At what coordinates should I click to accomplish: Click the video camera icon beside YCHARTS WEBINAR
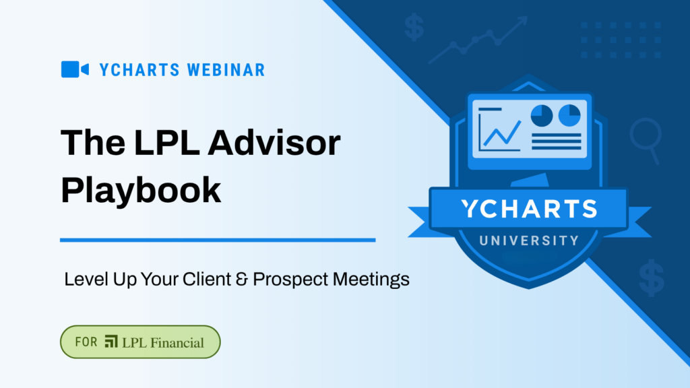(x=75, y=69)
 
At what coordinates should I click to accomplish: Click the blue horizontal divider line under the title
(x=218, y=239)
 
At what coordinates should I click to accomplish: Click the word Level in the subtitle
(x=83, y=279)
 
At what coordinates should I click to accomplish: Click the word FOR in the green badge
(x=86, y=342)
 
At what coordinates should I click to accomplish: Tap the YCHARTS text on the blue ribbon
(x=529, y=209)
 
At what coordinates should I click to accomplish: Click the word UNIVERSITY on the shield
(x=529, y=240)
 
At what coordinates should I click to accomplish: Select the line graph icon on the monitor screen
(x=499, y=129)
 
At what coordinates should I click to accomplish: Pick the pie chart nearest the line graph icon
(x=542, y=115)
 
